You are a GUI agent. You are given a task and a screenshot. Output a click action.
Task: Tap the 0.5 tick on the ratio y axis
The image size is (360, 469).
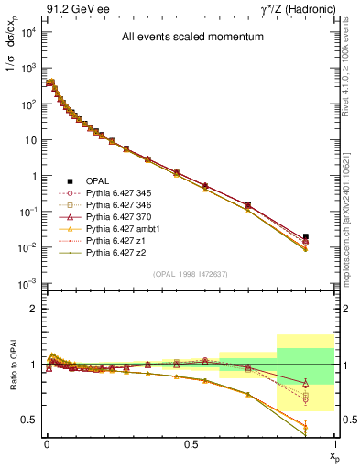tap(28, 420)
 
